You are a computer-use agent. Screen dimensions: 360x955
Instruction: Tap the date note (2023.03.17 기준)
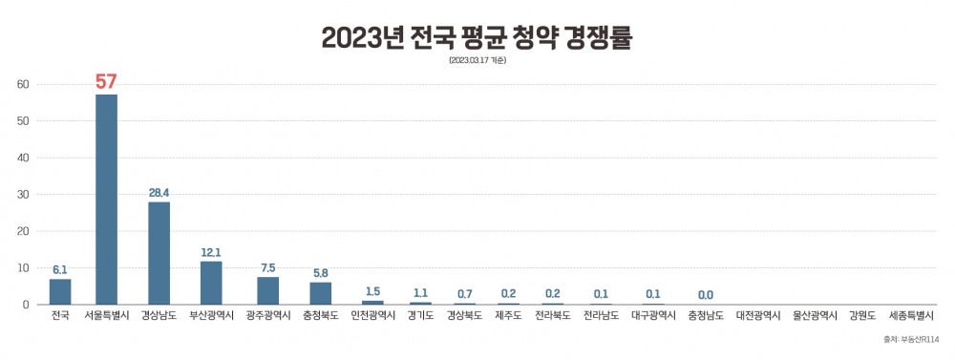[x=477, y=61]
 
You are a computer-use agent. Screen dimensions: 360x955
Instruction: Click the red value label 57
[x=106, y=81]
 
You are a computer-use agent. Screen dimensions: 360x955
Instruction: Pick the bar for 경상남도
[x=159, y=253]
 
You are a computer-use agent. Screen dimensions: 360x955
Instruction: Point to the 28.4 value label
[x=159, y=193]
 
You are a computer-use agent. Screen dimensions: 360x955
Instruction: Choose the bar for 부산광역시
[x=211, y=283]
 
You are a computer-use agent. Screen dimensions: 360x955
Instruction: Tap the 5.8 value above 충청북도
[x=321, y=273]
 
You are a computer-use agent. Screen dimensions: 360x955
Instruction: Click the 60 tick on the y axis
[x=24, y=84]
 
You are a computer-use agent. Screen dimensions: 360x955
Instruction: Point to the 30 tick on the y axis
[x=24, y=195]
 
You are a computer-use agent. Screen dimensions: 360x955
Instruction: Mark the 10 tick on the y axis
[x=24, y=268]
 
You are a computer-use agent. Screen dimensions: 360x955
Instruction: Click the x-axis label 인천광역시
[x=372, y=315]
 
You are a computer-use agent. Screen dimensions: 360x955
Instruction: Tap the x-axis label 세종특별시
[x=911, y=315]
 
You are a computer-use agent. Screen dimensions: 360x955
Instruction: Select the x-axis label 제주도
[x=509, y=315]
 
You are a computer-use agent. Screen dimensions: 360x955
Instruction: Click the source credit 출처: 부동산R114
[x=912, y=339]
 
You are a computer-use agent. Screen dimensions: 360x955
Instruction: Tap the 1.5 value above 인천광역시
[x=372, y=290]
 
